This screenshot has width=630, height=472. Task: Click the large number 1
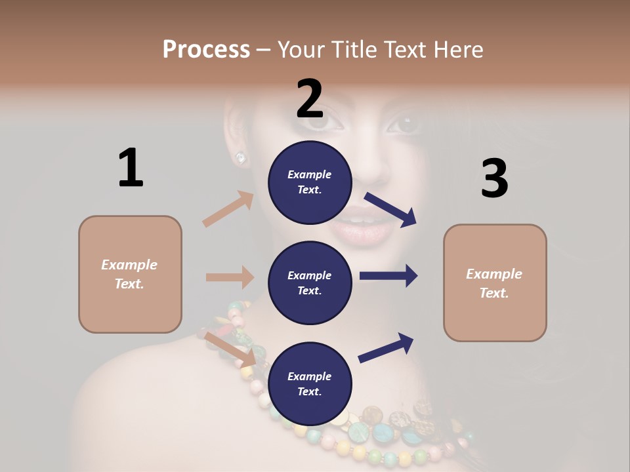tap(131, 168)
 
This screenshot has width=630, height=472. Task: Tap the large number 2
tap(310, 99)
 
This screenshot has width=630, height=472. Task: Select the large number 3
tap(494, 178)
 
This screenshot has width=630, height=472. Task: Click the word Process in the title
tap(206, 49)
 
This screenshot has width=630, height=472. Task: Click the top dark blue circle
tap(310, 182)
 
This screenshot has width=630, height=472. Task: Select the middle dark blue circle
tap(310, 283)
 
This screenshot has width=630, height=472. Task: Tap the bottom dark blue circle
tap(310, 383)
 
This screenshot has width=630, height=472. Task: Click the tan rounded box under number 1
tap(130, 274)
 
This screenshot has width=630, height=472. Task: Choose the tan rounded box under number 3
tap(495, 283)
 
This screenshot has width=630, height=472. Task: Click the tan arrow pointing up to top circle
tap(228, 208)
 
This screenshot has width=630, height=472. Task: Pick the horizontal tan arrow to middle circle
tap(230, 277)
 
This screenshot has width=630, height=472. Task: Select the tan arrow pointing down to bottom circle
tap(230, 349)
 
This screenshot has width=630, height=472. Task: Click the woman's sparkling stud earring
tap(241, 157)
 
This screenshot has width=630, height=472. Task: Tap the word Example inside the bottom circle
tap(309, 376)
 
